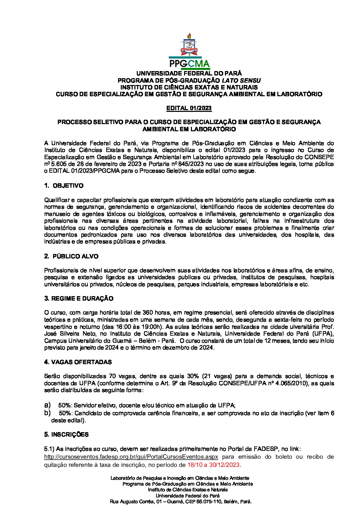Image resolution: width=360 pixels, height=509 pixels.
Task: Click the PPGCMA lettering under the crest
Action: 189,64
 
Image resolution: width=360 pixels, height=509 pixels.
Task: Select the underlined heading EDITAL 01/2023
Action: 189,108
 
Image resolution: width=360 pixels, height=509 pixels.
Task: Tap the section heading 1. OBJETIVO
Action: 64,186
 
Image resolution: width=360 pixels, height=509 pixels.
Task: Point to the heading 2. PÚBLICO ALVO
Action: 71,256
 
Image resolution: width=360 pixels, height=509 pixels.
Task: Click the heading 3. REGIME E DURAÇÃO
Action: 79,299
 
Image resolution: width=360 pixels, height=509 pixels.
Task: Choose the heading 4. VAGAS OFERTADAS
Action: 78,362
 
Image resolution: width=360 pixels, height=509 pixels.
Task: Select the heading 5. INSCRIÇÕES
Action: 66,435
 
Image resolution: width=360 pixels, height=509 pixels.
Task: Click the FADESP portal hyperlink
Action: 131,457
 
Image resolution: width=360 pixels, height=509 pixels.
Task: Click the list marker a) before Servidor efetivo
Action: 47,405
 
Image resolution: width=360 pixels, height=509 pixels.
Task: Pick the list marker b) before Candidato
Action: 47,413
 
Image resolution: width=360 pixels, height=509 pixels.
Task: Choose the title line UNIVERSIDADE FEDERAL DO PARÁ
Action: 189,73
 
